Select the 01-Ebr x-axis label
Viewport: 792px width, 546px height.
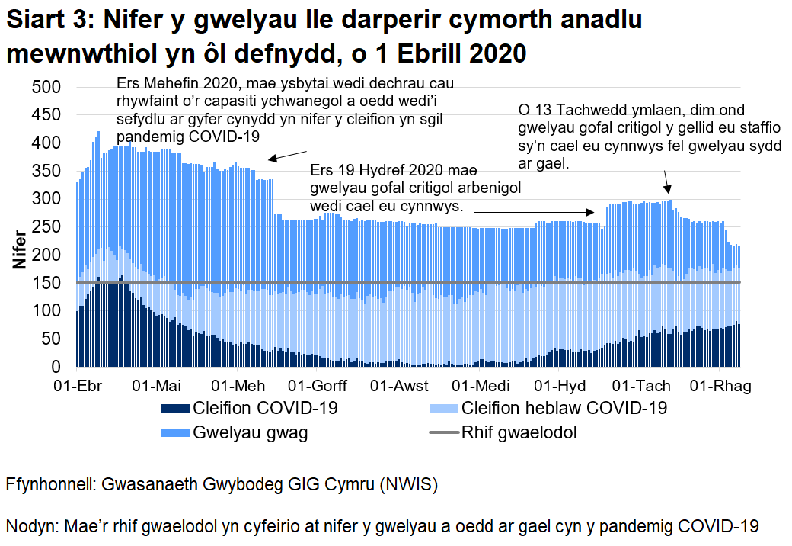[80, 386]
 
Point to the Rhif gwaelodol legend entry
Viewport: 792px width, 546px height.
[519, 433]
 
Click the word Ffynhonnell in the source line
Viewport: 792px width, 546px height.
[51, 485]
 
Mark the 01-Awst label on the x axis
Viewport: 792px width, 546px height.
[399, 386]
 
